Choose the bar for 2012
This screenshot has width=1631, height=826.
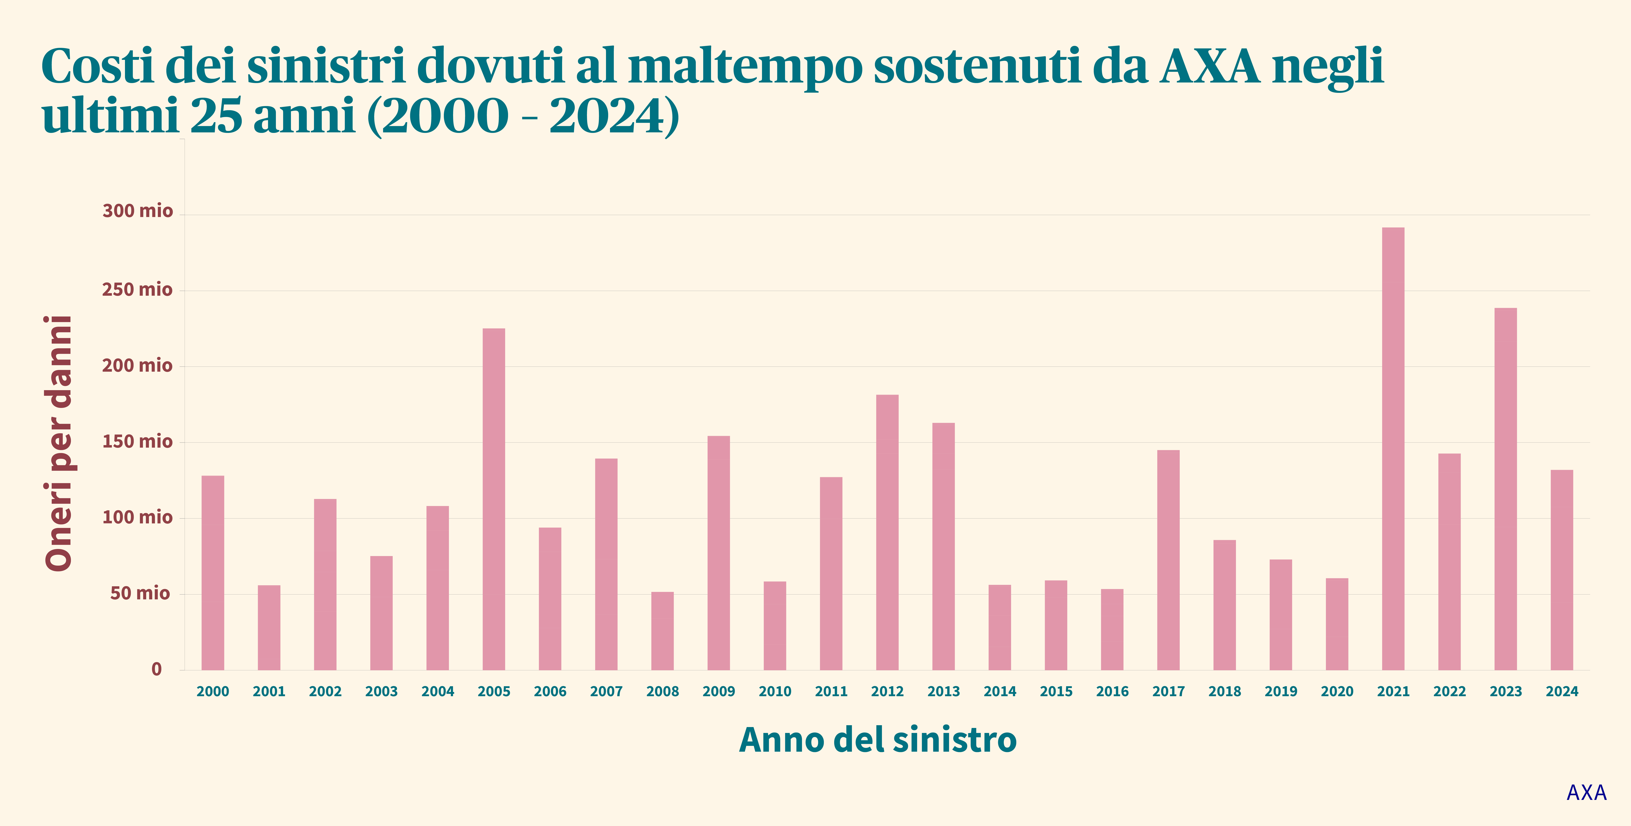[887, 532]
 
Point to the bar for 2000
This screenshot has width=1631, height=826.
[213, 573]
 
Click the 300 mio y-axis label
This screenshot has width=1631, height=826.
[137, 211]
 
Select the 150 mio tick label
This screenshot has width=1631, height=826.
[137, 441]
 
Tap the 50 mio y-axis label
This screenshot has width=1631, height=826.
[140, 593]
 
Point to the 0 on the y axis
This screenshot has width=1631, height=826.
[156, 669]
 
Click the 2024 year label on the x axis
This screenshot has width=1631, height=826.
[1562, 691]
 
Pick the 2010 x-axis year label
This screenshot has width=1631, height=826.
[775, 691]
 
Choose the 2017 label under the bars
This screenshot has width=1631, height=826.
[1168, 691]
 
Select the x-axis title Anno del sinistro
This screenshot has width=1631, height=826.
[878, 739]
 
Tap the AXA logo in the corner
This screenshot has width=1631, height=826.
[1587, 792]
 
